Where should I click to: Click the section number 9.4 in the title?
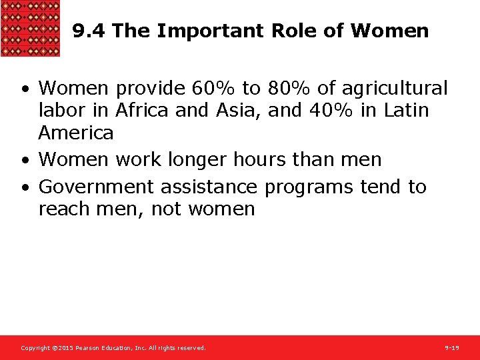click(89, 31)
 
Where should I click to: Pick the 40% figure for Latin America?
click(333, 110)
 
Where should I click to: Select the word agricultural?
click(395, 88)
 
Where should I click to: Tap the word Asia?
click(239, 110)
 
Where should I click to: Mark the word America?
click(76, 133)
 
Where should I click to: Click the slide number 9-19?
click(452, 348)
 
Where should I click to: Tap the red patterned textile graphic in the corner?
click(30, 28)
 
